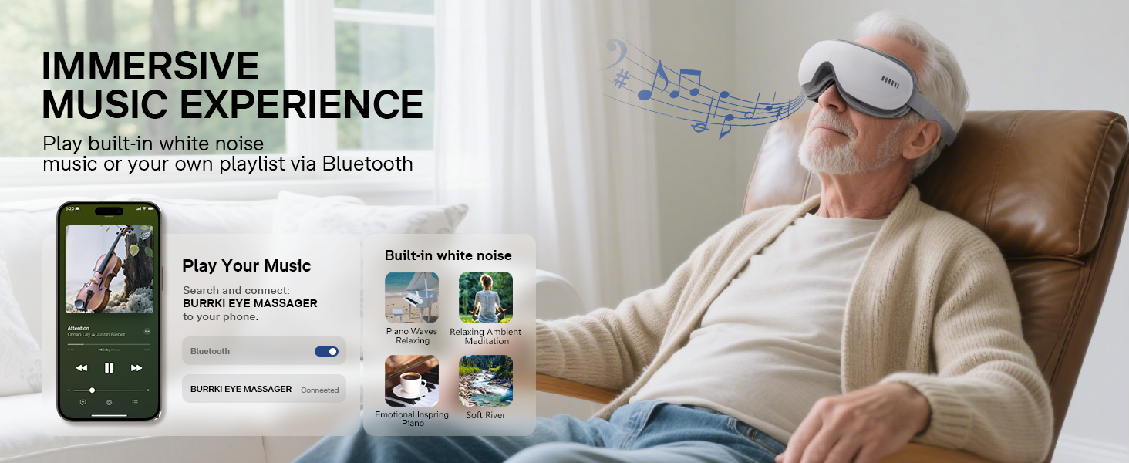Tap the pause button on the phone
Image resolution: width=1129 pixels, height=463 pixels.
(x=109, y=368)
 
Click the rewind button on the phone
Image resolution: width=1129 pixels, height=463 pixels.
(x=82, y=368)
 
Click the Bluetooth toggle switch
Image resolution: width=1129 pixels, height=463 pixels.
(x=326, y=351)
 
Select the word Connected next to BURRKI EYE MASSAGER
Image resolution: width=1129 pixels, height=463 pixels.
(x=319, y=390)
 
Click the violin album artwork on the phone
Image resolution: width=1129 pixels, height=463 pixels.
(x=109, y=269)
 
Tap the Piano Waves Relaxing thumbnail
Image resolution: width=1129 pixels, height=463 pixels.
(x=412, y=297)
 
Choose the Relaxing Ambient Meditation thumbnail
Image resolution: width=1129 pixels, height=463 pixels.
(x=486, y=297)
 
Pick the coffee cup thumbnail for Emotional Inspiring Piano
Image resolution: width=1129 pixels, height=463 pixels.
(x=412, y=380)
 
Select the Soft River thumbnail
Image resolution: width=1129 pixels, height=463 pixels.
(x=486, y=380)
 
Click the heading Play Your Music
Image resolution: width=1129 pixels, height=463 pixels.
(x=246, y=266)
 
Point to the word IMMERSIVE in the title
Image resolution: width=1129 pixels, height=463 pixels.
(x=150, y=66)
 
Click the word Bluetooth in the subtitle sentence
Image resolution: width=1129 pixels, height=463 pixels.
(x=367, y=164)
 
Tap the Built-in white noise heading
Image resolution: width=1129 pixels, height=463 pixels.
(x=448, y=255)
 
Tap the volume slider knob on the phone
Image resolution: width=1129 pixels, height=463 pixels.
(x=93, y=390)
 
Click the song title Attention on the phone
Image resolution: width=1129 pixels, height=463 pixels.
(x=79, y=328)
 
